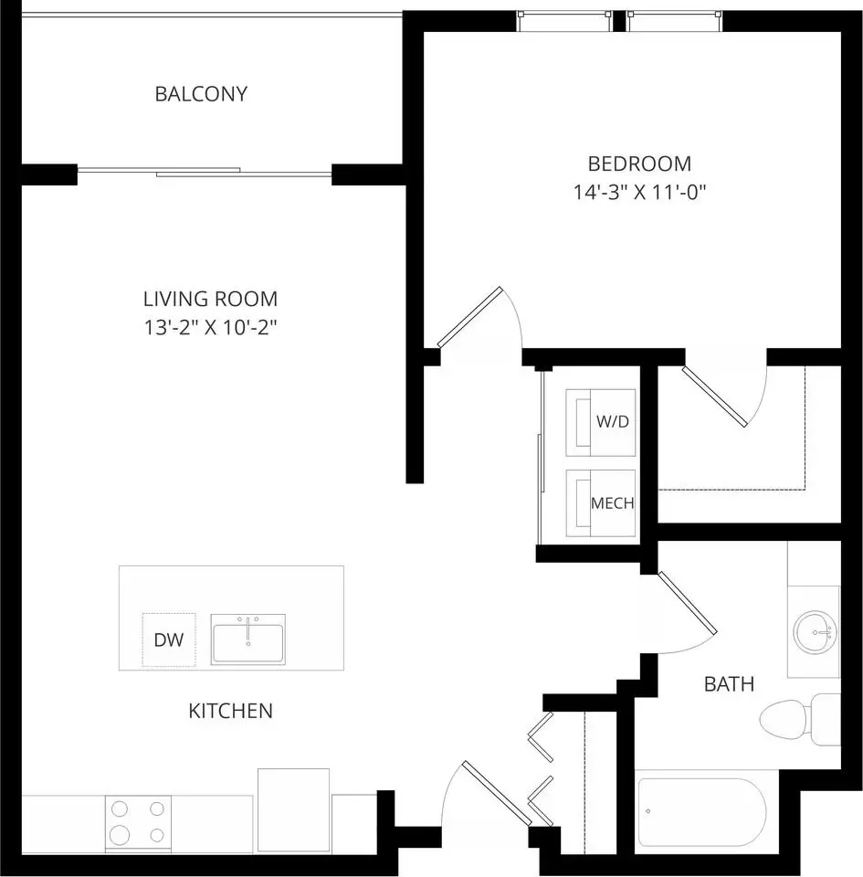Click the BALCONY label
click(x=201, y=94)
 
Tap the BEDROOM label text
click(x=640, y=164)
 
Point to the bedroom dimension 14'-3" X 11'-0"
click(x=640, y=193)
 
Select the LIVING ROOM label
click(x=210, y=300)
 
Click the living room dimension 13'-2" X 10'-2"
click(x=211, y=327)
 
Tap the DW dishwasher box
click(x=169, y=639)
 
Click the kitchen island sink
click(x=248, y=639)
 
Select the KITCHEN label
click(x=230, y=711)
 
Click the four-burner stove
click(x=138, y=823)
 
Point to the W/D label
click(x=613, y=422)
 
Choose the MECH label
click(x=613, y=503)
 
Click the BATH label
click(x=729, y=684)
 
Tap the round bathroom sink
click(x=816, y=632)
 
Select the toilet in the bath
click(x=800, y=719)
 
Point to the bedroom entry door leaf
click(x=470, y=317)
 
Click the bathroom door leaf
click(x=688, y=603)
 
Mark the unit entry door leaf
click(x=497, y=793)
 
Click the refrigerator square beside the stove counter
click(x=293, y=810)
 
